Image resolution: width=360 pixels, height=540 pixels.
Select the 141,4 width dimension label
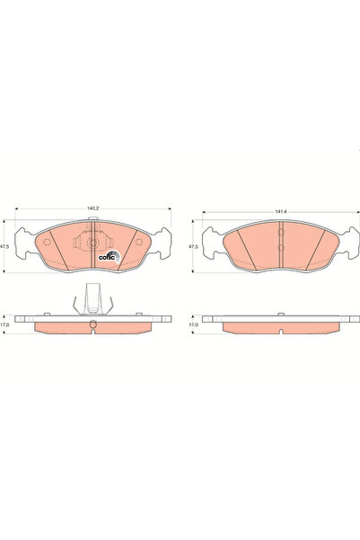280,211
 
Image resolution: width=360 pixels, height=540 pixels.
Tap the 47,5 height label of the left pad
5,244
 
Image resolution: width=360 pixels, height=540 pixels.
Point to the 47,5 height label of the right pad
191,244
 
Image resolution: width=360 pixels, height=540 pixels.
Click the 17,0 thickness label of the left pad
5,325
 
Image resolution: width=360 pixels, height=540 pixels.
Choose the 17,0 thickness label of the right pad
191,325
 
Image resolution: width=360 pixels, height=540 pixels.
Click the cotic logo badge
107,254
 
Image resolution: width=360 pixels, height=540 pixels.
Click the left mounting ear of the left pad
25,241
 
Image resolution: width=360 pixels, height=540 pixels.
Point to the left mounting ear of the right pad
213,241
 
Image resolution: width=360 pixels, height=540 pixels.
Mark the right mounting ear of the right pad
347,241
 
